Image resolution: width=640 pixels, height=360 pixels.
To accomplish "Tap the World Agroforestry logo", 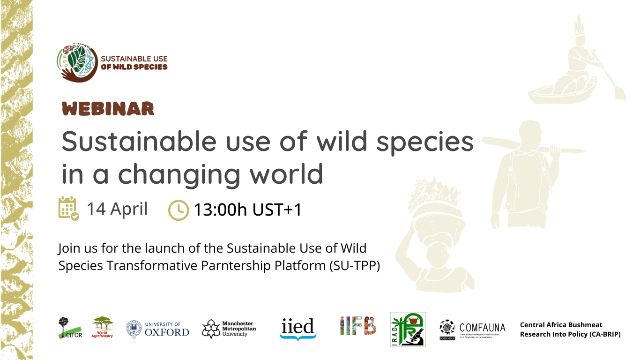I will click(102, 327).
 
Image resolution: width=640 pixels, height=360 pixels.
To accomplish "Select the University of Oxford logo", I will click(158, 329).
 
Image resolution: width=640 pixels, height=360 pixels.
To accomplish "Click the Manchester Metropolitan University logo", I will click(229, 329).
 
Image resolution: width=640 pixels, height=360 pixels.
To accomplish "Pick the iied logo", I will click(298, 329).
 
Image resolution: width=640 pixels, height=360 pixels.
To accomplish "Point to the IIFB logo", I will click(357, 326).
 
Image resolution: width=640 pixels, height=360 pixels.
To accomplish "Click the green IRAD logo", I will click(408, 329).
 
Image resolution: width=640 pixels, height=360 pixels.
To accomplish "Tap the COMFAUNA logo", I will click(472, 330).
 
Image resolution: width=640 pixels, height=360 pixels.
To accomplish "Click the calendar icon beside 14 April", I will click(68, 209).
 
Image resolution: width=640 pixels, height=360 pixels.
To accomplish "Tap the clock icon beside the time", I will click(178, 210).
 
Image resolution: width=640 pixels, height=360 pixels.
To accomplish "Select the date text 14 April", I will click(117, 209).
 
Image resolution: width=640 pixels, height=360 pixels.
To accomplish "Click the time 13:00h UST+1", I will click(247, 210).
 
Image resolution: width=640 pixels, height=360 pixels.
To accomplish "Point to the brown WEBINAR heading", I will click(108, 109).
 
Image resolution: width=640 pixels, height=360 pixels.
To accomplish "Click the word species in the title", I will click(425, 141).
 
